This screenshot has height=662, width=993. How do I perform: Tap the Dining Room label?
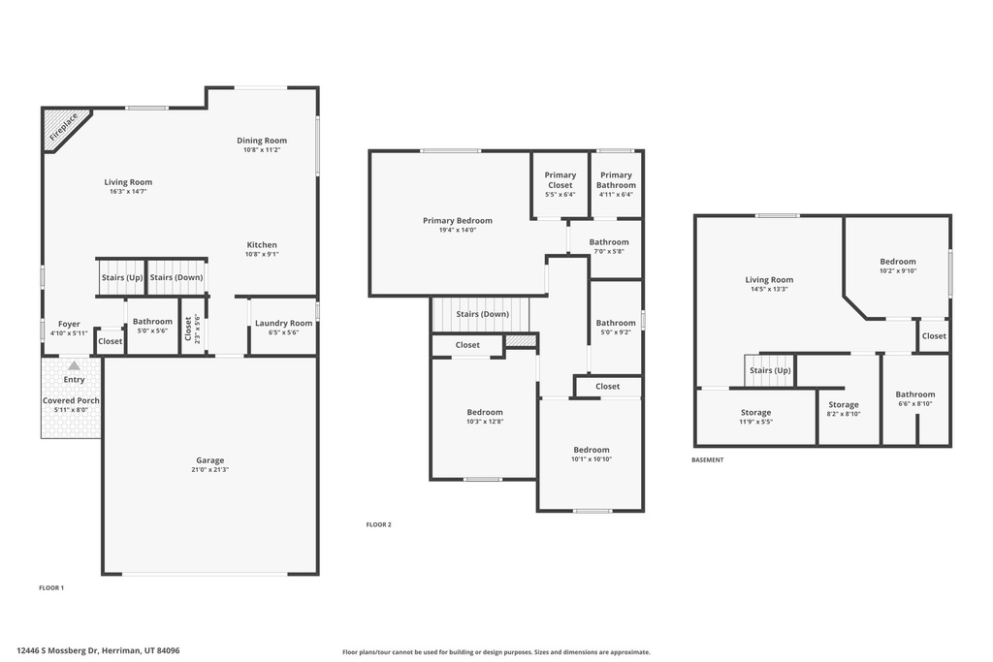[x=262, y=141]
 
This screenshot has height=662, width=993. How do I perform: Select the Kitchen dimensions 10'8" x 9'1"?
[x=262, y=255]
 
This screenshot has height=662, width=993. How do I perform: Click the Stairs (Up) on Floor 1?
[x=121, y=277]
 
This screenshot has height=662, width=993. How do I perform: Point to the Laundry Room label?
[x=283, y=323]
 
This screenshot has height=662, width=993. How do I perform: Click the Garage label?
[x=210, y=460]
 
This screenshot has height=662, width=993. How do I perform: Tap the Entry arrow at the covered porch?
[x=74, y=366]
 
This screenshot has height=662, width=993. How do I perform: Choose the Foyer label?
[x=69, y=324]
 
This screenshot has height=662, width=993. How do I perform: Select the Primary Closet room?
[x=560, y=184]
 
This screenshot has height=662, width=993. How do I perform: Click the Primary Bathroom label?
[x=616, y=180]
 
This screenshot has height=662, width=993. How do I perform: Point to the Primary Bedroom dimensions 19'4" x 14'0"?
[x=457, y=231]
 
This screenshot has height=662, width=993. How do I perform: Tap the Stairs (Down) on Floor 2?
[x=482, y=314]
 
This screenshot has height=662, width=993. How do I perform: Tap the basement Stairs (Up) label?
[x=770, y=370]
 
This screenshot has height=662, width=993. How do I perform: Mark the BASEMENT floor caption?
[x=707, y=460]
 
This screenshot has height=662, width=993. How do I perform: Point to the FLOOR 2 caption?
[x=378, y=524]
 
